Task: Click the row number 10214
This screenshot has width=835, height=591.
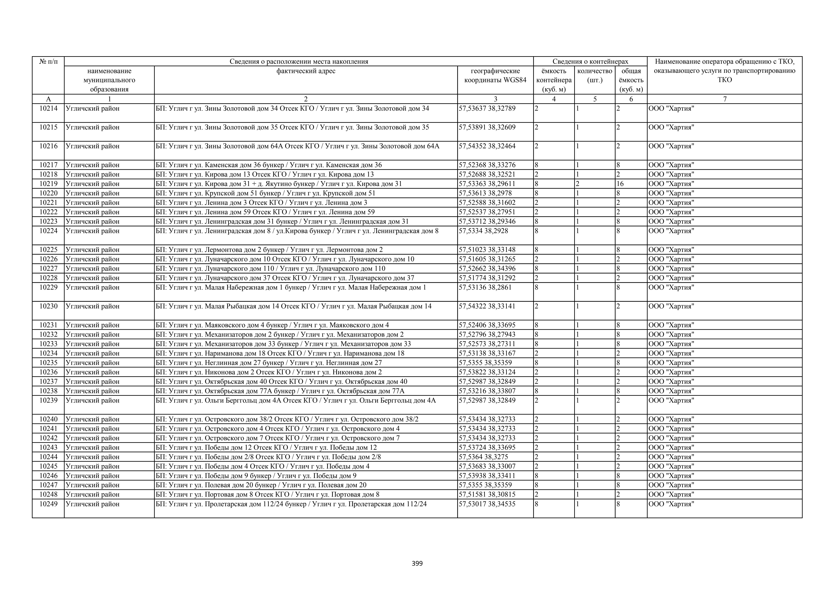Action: (48, 108)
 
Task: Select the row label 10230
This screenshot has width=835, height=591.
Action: (48, 306)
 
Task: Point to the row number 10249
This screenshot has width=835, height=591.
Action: (48, 504)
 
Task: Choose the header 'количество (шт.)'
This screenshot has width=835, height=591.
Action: (595, 75)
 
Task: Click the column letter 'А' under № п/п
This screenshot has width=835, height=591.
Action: (48, 99)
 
